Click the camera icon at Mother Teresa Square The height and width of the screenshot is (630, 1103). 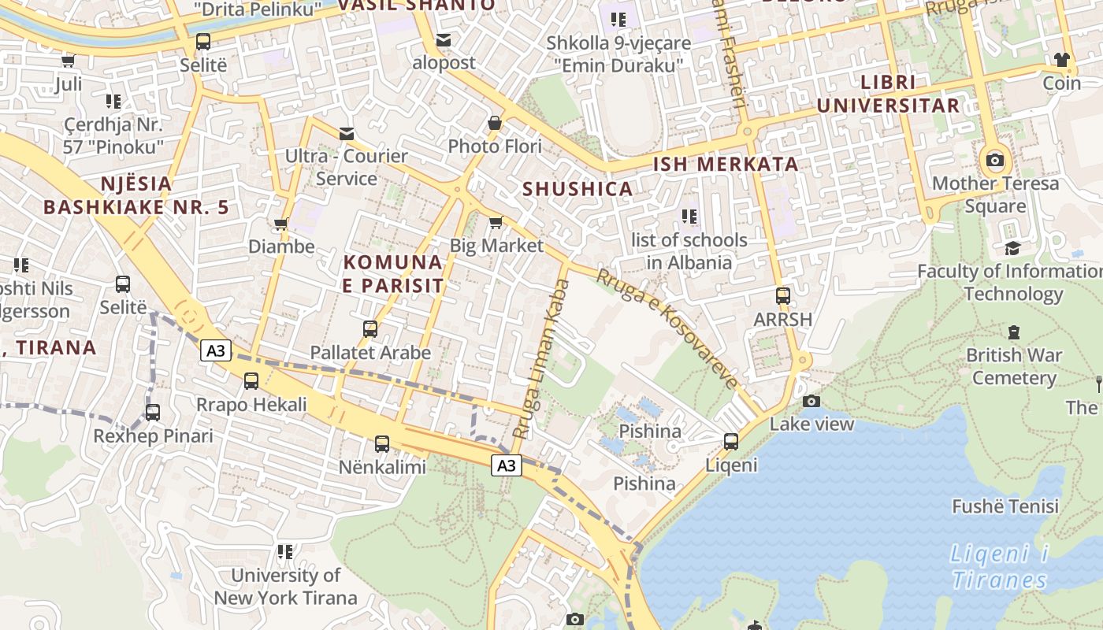[995, 161]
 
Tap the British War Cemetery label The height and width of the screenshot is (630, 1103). [1013, 366]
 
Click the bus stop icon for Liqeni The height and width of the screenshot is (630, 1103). [731, 442]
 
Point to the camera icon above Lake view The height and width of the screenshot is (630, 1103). [811, 402]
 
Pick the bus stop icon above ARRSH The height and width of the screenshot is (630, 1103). [782, 296]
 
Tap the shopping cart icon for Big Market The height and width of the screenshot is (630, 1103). [496, 223]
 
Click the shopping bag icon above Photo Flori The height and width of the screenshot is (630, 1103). [495, 123]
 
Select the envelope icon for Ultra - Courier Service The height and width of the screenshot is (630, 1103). [347, 133]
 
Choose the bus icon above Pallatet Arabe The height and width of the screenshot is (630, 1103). [370, 329]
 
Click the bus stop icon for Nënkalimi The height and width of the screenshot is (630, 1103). [382, 444]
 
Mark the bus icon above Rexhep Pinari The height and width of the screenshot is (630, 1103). [153, 413]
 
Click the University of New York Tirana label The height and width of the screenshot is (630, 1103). [285, 587]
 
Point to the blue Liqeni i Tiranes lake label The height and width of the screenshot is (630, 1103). [999, 567]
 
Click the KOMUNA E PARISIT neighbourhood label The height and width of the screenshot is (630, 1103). [393, 273]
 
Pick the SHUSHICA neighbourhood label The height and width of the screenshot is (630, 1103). [577, 189]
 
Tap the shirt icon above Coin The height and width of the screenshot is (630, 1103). [1062, 60]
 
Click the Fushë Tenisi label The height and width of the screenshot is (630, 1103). [1005, 506]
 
